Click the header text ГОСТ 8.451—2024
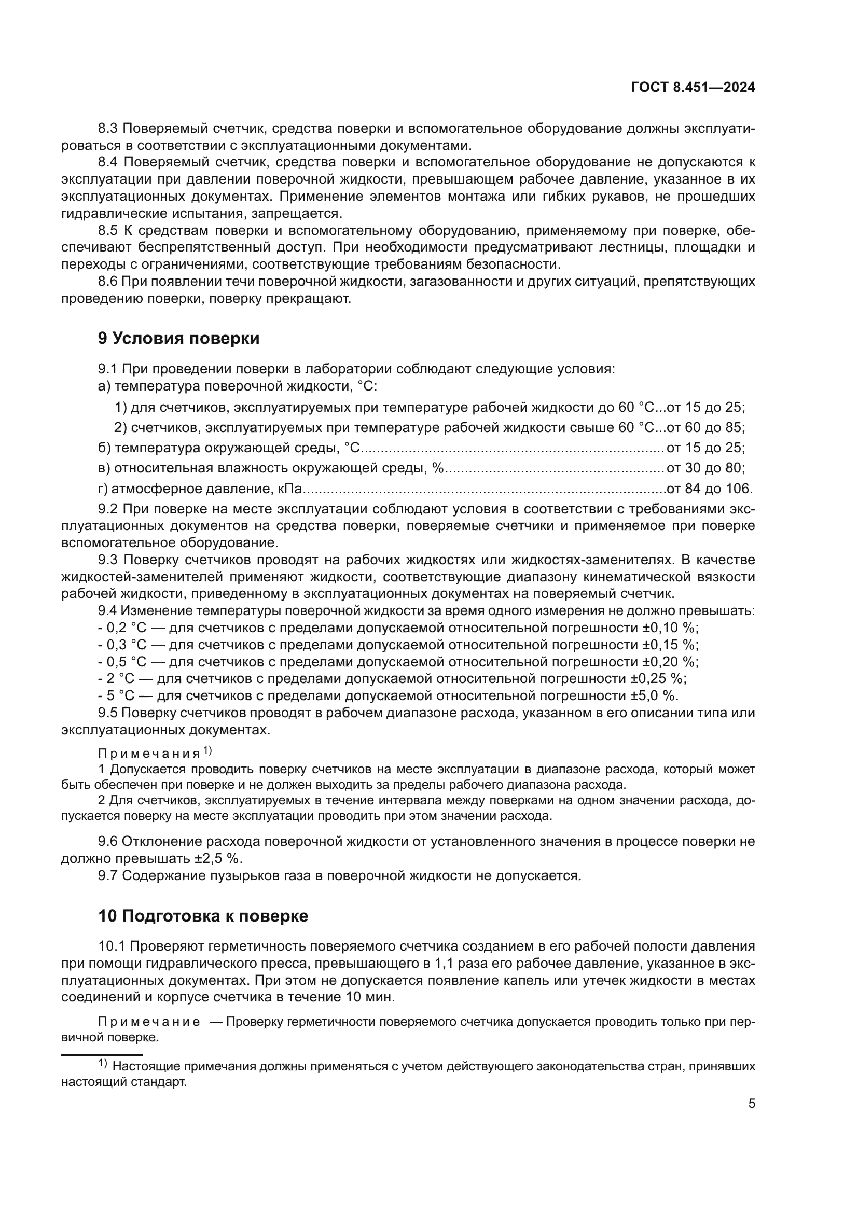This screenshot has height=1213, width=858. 693,88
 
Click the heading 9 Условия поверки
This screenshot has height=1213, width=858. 178,339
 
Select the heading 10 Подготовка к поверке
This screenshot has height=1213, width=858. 203,915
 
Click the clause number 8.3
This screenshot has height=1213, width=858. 109,129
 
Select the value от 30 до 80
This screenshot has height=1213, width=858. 705,468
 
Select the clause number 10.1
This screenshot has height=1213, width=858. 112,946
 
